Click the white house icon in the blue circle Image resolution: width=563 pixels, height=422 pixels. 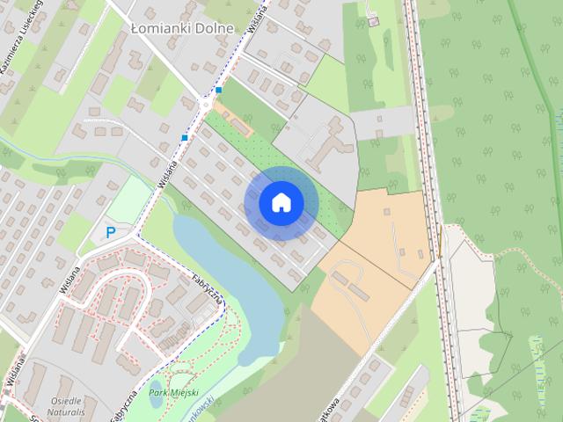click(281, 202)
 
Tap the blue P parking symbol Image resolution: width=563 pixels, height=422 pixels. click(111, 232)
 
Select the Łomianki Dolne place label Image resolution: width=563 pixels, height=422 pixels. click(182, 28)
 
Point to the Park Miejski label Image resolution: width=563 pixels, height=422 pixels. click(174, 393)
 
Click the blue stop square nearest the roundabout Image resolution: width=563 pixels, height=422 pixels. click(218, 90)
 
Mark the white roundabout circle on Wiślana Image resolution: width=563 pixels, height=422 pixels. click(206, 104)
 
